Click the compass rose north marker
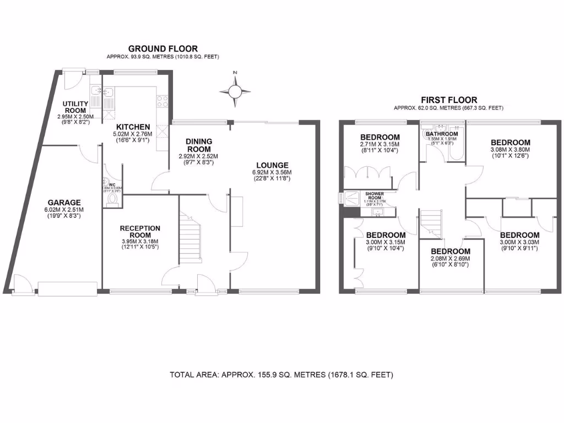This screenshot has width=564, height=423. pyautogui.click(x=235, y=73)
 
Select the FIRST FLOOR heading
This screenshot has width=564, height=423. pyautogui.click(x=448, y=100)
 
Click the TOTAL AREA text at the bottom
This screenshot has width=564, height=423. pyautogui.click(x=281, y=375)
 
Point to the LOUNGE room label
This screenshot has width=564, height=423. pyautogui.click(x=272, y=165)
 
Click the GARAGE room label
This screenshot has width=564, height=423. pyautogui.click(x=64, y=202)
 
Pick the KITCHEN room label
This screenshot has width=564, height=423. pyautogui.click(x=129, y=127)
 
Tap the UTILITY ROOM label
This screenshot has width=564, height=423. pyautogui.click(x=74, y=107)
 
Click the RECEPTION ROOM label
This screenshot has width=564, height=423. pyautogui.click(x=140, y=231)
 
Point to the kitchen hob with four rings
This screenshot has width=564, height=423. pyautogui.click(x=162, y=101)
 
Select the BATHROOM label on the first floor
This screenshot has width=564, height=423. pyautogui.click(x=442, y=134)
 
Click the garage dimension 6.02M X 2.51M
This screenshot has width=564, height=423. pyautogui.click(x=64, y=209)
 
